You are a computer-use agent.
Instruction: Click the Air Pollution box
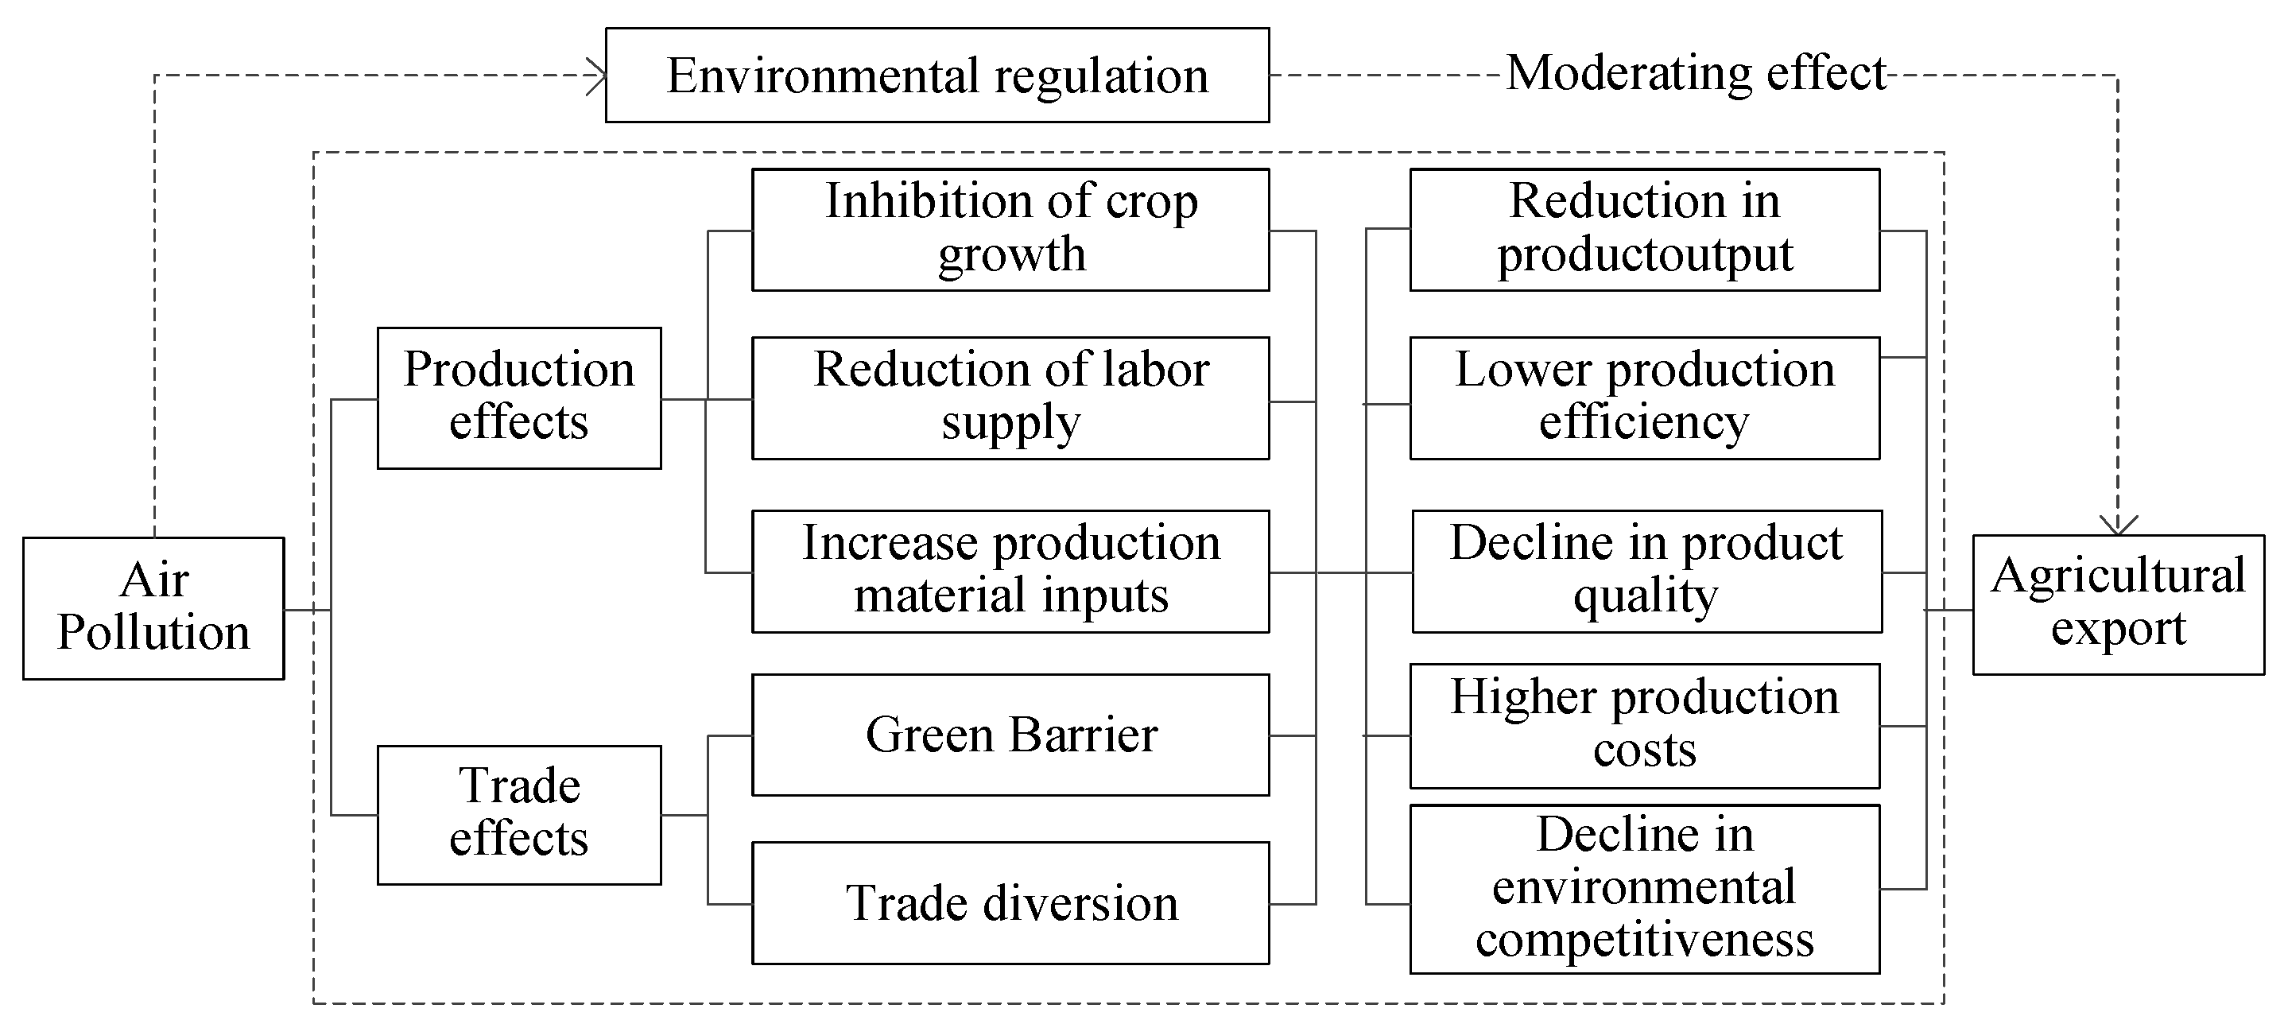[153, 608]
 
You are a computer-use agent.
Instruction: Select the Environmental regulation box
[937, 76]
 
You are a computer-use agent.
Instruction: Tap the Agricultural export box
[2117, 605]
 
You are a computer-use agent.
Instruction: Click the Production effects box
[518, 398]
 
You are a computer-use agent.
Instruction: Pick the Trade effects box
[518, 815]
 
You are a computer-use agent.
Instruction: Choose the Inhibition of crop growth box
[1010, 230]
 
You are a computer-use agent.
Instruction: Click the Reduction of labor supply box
[1010, 398]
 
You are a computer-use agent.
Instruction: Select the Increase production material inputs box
[1010, 571]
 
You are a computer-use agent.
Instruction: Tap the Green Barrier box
[1010, 735]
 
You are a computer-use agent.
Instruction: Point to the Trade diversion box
[1010, 902]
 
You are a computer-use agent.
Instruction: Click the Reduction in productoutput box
[1644, 230]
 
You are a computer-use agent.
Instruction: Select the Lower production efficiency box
[1644, 398]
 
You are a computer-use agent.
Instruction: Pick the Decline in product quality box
[1646, 571]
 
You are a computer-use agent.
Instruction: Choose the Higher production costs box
[1644, 726]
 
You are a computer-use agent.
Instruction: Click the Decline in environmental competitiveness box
[1644, 888]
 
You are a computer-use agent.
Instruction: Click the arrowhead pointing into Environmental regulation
[598, 76]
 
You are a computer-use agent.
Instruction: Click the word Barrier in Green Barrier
[1083, 735]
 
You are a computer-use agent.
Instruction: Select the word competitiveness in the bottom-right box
[1644, 940]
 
